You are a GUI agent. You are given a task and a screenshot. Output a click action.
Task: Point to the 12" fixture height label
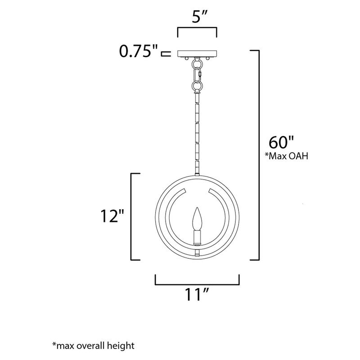(x=111, y=217)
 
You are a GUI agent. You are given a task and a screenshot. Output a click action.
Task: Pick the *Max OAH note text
(x=288, y=156)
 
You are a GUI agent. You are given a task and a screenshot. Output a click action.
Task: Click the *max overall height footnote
(x=93, y=346)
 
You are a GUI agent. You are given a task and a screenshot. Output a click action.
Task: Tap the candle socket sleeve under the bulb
(x=197, y=236)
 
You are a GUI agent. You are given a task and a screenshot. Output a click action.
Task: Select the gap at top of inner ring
(x=197, y=190)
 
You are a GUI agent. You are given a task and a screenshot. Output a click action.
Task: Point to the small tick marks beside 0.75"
(x=166, y=54)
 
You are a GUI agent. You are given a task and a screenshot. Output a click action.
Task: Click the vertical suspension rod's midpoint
(x=197, y=130)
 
